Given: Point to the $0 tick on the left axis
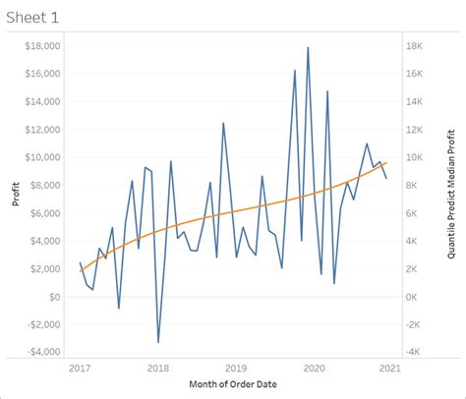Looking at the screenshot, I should pyautogui.click(x=55, y=296).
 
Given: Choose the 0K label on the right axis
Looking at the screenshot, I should pyautogui.click(x=413, y=296).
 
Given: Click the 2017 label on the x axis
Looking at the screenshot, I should pyautogui.click(x=80, y=369).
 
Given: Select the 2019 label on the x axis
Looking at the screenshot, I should pyautogui.click(x=236, y=369).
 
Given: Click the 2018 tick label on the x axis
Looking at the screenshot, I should pyautogui.click(x=157, y=369).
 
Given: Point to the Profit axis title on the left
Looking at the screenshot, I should pyautogui.click(x=15, y=198).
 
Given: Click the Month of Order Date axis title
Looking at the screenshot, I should pyautogui.click(x=236, y=384).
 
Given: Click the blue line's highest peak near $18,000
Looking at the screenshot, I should pyautogui.click(x=308, y=47).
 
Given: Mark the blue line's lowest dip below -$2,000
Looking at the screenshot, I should pyautogui.click(x=158, y=342).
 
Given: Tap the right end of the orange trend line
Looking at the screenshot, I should pyautogui.click(x=386, y=162).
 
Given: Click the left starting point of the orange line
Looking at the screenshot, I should pyautogui.click(x=81, y=270).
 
